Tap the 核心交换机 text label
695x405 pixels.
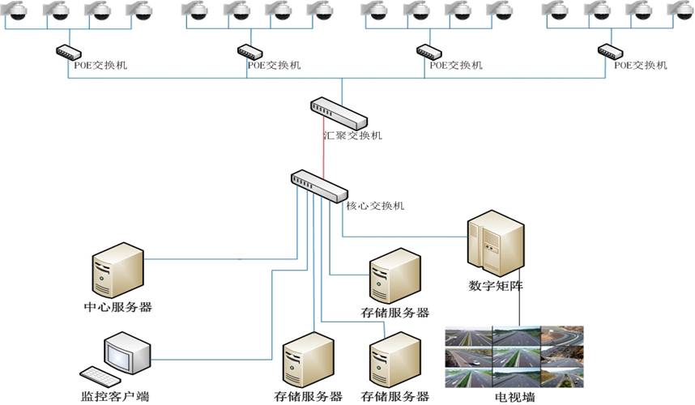coord(376,206)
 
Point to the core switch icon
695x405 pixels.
coord(319,186)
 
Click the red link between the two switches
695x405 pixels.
coord(324,149)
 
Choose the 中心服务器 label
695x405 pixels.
coord(118,307)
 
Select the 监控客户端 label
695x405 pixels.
coord(116,397)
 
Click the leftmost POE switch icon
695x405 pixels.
coord(66,51)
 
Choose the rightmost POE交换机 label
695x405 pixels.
coord(640,64)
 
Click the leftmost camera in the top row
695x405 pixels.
coord(15,11)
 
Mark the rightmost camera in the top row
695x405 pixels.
coord(680,11)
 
